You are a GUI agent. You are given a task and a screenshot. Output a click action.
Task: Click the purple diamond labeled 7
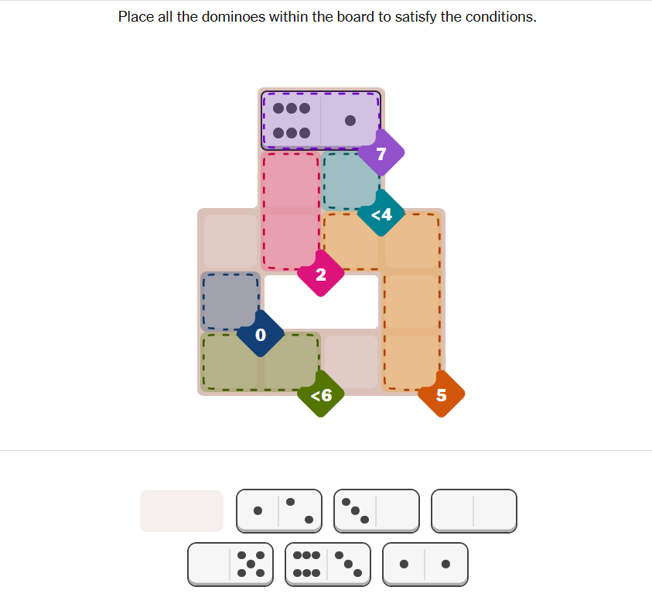coord(381,153)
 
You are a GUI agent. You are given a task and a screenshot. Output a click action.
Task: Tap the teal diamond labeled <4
coord(381,213)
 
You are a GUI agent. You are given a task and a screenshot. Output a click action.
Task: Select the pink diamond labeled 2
coord(321,274)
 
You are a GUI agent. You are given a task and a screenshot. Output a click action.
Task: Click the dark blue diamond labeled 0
coord(261,334)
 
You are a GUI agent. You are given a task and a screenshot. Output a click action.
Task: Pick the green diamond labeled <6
coord(321,394)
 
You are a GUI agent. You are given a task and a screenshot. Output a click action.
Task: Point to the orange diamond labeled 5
coord(441,394)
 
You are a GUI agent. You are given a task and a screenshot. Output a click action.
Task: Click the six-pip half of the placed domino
coord(291,121)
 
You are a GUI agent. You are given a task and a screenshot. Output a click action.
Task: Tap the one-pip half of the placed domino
coord(350,121)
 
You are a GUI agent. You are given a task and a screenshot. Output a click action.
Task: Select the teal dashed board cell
coord(351,181)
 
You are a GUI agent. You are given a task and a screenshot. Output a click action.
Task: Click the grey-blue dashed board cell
coord(230,302)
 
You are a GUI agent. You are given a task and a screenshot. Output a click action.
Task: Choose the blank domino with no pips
coord(474,511)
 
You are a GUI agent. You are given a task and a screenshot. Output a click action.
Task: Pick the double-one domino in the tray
coord(425,565)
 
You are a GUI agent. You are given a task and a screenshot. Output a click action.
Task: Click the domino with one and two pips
coord(279,511)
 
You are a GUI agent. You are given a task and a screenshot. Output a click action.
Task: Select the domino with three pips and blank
coord(377,511)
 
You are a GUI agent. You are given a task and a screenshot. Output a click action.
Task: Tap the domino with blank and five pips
coord(230,565)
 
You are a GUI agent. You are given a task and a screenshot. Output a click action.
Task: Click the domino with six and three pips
coord(328,565)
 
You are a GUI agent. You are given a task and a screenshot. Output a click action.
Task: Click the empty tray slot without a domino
coord(182,511)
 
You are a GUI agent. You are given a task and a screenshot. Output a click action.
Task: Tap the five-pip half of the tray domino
coord(251,565)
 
